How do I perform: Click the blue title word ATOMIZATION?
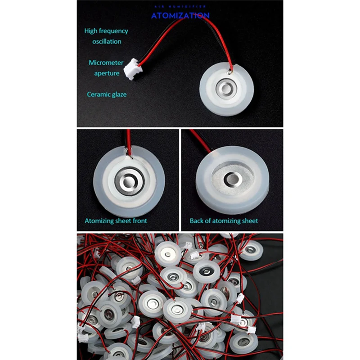tap(180, 15)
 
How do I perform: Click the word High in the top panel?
tap(91, 31)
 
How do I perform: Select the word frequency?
tap(113, 31)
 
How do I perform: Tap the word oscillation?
tap(107, 41)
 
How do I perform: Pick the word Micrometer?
tap(104, 63)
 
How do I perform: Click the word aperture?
tap(107, 73)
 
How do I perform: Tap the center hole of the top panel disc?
tap(224, 87)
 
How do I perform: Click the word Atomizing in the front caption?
tap(99, 221)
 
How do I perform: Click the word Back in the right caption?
tap(197, 221)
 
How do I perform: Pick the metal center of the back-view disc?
tap(233, 178)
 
